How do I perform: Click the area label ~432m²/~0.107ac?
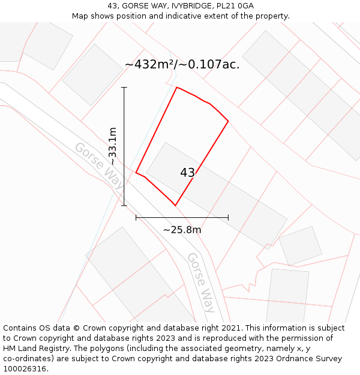tap(182, 65)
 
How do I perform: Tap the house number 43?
tap(187, 173)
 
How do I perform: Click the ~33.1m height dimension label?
tap(112, 146)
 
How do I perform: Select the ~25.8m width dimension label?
tap(182, 230)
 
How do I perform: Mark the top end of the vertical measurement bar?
tap(124, 88)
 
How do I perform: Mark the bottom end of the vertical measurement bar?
tap(124, 206)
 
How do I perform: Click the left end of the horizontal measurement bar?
tap(136, 217)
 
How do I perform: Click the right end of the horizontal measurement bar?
tap(228, 217)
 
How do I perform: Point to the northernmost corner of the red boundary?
tap(177, 88)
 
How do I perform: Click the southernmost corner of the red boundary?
tap(175, 206)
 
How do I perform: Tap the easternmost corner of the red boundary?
tap(228, 121)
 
